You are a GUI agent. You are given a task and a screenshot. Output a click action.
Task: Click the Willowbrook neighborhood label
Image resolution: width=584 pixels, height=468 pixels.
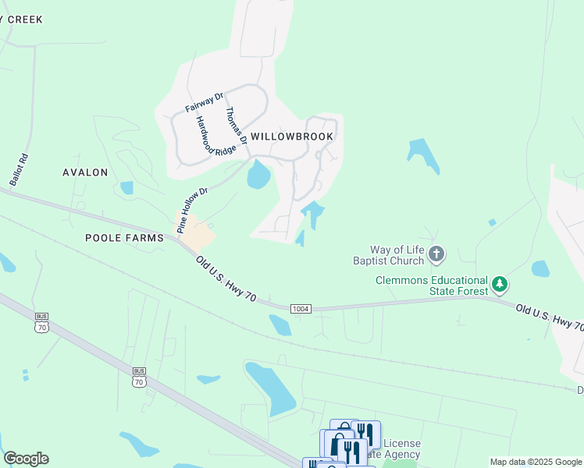tap(292, 136)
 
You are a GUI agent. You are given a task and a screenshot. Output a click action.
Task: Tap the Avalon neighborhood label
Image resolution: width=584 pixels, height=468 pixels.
tap(86, 172)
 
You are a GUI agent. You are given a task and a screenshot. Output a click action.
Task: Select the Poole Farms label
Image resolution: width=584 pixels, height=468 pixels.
tap(124, 238)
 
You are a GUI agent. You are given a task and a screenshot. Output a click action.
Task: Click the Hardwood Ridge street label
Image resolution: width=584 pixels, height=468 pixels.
tap(215, 137)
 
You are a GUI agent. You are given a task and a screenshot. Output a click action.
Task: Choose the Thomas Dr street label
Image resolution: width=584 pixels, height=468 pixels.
tap(236, 125)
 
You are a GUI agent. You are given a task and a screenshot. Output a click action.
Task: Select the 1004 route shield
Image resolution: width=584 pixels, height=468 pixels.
tap(301, 309)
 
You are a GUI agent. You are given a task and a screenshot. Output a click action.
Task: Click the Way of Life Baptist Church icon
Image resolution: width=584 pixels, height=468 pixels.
tap(436, 253)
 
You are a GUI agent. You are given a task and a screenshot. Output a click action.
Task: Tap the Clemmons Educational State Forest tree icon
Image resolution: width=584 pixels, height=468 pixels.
tap(500, 285)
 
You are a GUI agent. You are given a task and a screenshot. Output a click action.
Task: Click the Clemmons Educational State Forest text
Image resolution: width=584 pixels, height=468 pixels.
tap(431, 285)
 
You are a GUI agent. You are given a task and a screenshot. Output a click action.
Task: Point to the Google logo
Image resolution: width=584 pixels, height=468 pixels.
tap(26, 458)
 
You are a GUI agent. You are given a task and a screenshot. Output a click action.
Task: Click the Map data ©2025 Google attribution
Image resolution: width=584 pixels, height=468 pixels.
tap(535, 462)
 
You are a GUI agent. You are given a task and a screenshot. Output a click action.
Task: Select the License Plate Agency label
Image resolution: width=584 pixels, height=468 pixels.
tap(401, 448)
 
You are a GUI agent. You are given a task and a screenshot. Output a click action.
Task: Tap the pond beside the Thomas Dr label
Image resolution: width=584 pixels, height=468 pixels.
tap(258, 175)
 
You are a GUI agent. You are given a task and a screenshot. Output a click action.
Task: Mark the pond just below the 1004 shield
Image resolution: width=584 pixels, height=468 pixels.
tap(280, 324)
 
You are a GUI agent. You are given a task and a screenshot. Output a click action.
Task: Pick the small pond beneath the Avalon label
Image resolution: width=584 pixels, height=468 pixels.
tap(126, 188)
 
